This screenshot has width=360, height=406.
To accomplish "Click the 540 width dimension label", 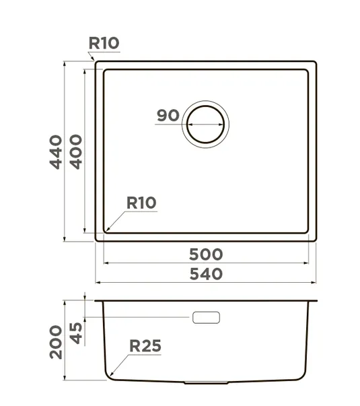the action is tap(206, 274).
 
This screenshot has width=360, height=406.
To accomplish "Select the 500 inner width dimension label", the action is tap(206, 255).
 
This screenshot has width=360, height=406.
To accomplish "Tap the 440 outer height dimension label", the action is tap(56, 152).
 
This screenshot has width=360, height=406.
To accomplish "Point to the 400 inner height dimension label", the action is tap(76, 152).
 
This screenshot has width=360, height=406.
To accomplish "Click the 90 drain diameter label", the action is tap(168, 116).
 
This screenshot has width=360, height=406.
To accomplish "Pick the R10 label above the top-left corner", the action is tap(104, 43).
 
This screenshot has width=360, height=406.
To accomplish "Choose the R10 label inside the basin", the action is tap(141, 203).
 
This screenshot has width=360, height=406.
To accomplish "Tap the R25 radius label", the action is tap(145, 346).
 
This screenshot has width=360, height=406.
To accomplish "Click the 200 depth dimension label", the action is tap(56, 342).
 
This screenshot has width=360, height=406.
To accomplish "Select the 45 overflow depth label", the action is tap(76, 333).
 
